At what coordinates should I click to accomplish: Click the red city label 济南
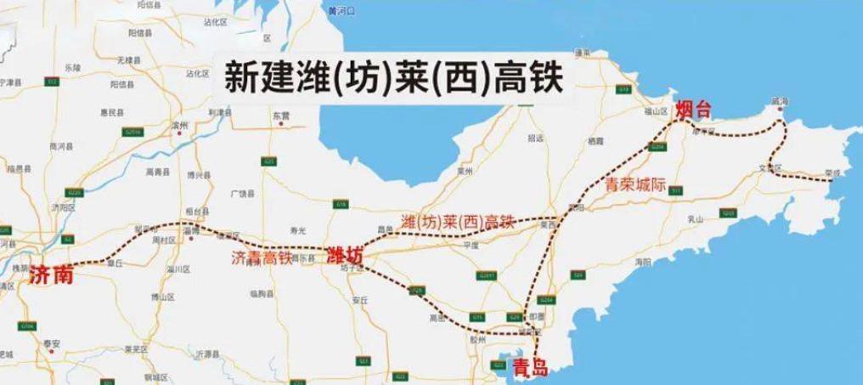51,276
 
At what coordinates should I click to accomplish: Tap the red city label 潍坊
344,255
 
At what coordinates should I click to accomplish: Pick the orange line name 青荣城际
630,183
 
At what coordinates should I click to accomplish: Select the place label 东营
281,115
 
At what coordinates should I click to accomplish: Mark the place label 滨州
178,124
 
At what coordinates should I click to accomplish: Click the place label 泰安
53,344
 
